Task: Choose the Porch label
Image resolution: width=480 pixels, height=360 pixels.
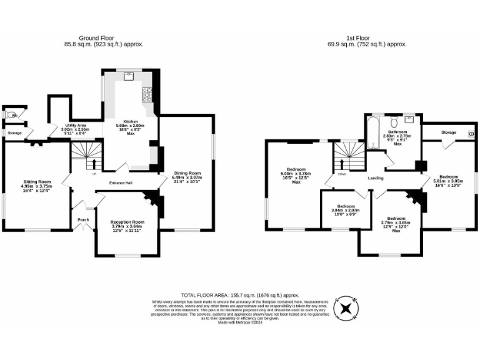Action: pos(84,220)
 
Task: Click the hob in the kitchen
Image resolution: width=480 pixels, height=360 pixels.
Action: pos(148,94)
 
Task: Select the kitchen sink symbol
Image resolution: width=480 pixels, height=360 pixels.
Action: pos(129,77)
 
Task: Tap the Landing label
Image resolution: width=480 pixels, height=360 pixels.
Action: pos(376,178)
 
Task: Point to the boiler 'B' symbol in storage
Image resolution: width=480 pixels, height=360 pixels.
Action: pos(471,134)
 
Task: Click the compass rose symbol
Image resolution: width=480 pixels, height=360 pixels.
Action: pos(346,308)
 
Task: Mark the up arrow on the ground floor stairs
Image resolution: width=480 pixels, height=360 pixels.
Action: pos(94,164)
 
